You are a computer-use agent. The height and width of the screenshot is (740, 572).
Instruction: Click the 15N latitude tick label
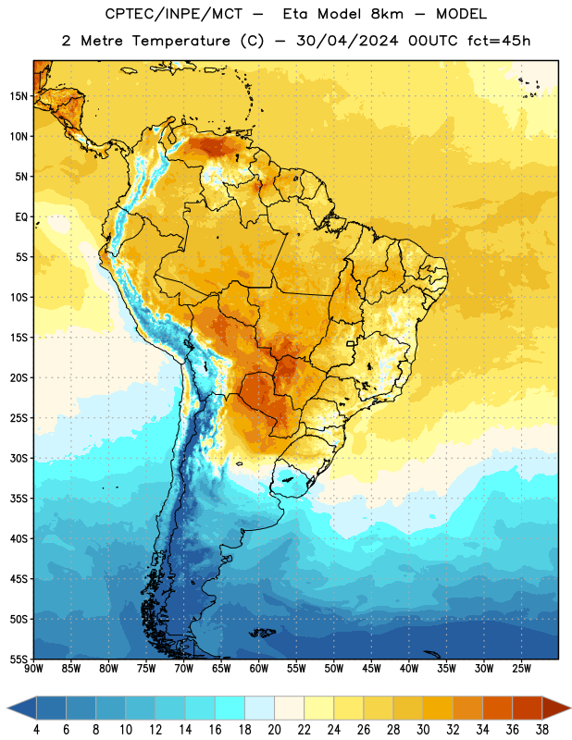click(x=19, y=96)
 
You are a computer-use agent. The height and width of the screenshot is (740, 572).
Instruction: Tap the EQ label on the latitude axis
click(x=21, y=217)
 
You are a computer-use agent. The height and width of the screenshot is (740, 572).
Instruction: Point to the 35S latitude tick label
click(x=19, y=499)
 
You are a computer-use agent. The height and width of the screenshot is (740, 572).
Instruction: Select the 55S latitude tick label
click(x=19, y=659)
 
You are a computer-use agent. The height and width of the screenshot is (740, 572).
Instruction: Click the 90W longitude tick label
click(x=33, y=668)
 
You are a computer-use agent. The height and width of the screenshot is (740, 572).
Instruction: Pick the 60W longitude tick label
click(x=259, y=668)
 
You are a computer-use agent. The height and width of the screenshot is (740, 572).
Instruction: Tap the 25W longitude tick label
click(x=521, y=668)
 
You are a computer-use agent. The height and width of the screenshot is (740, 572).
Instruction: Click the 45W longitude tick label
click(x=371, y=668)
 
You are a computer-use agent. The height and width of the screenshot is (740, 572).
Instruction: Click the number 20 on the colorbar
click(x=274, y=730)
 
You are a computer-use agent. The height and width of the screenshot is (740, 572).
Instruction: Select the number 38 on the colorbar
click(x=542, y=730)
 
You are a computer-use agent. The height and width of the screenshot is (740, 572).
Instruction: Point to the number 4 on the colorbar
click(x=36, y=730)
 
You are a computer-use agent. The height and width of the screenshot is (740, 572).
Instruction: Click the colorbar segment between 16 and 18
click(x=230, y=708)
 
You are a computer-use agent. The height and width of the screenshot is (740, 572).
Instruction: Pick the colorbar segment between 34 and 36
click(x=498, y=708)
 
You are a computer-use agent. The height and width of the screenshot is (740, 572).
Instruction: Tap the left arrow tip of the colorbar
click(x=7, y=708)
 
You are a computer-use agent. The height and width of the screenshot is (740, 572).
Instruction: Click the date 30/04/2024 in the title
click(x=347, y=41)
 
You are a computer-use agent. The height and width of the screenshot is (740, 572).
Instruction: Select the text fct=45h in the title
click(x=499, y=41)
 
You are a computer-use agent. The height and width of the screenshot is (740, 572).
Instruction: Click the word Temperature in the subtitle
click(x=180, y=41)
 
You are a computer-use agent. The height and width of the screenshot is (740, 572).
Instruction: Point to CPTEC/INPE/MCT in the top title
click(x=174, y=14)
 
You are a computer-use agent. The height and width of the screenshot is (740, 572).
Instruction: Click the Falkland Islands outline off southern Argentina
click(x=262, y=633)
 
